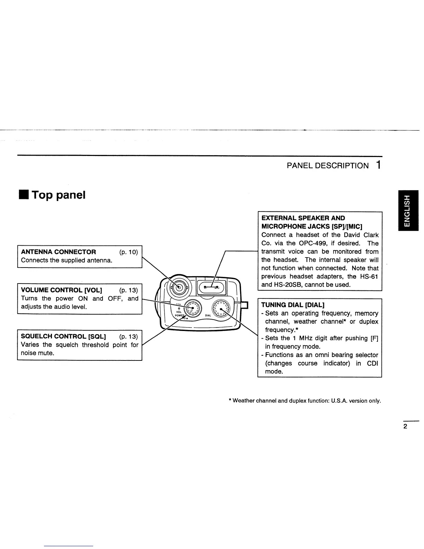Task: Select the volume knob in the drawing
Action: click(x=193, y=309)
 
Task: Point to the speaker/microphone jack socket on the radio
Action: click(x=211, y=287)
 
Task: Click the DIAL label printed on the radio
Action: click(x=208, y=315)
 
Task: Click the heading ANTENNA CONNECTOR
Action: click(x=59, y=252)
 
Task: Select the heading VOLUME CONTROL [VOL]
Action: click(x=62, y=290)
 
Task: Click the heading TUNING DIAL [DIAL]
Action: click(x=293, y=305)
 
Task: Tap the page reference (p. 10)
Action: click(x=128, y=252)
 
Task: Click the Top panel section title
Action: click(x=59, y=195)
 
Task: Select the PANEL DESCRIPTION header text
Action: click(x=327, y=166)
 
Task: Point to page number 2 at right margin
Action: click(x=405, y=426)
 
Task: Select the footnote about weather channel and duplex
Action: click(x=305, y=401)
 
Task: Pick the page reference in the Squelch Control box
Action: click(x=128, y=337)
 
